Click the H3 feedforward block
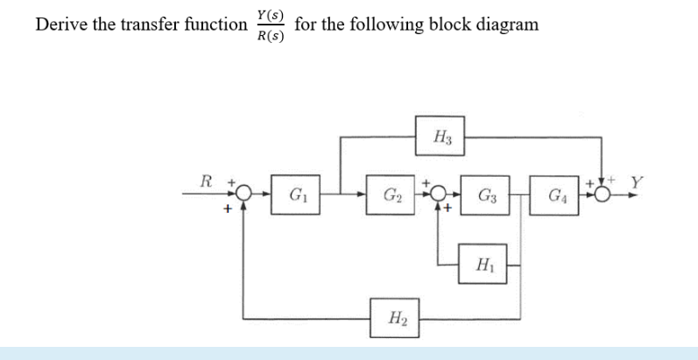(441, 136)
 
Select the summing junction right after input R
(245, 194)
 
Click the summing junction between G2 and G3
(438, 194)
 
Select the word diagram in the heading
(507, 24)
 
